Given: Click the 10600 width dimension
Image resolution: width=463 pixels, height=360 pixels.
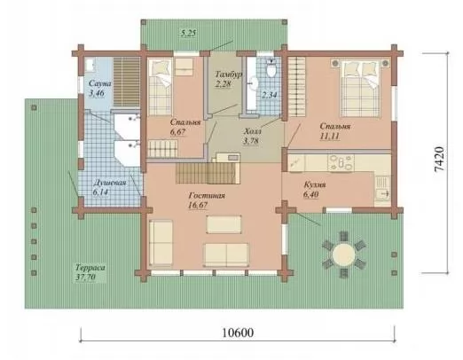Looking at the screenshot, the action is (238, 333).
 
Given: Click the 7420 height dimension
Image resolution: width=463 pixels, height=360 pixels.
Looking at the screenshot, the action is (439, 159).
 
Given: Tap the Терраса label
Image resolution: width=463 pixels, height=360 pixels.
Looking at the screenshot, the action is (90, 268).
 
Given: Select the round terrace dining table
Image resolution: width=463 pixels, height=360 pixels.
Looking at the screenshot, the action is (343, 254).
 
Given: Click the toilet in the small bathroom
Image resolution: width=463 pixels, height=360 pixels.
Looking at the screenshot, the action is (271, 68).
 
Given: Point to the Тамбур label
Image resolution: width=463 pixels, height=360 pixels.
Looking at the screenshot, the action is (229, 74).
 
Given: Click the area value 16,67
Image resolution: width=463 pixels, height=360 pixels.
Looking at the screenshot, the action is (198, 205).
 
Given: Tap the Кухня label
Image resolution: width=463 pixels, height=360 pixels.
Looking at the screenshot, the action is (315, 184).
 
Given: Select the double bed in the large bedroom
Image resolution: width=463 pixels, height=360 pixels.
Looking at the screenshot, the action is (360, 89).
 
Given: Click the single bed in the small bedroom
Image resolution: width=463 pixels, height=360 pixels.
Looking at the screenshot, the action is (160, 87).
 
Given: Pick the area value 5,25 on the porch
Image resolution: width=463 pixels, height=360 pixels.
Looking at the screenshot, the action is (188, 33).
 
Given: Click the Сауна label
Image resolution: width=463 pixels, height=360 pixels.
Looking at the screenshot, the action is (100, 83).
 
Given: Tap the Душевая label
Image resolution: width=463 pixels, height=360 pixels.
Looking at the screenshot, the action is (109, 183).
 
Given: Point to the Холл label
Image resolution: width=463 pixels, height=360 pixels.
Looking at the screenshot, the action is (253, 131).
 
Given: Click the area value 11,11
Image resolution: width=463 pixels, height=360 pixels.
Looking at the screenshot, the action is (329, 136).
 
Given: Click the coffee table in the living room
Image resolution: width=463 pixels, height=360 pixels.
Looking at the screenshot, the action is (224, 224).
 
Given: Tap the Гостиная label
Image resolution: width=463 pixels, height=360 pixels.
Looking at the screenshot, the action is (207, 196).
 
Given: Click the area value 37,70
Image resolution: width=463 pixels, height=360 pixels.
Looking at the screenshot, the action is (86, 278).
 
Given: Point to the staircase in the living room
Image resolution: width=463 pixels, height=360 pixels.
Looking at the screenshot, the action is (208, 173).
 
